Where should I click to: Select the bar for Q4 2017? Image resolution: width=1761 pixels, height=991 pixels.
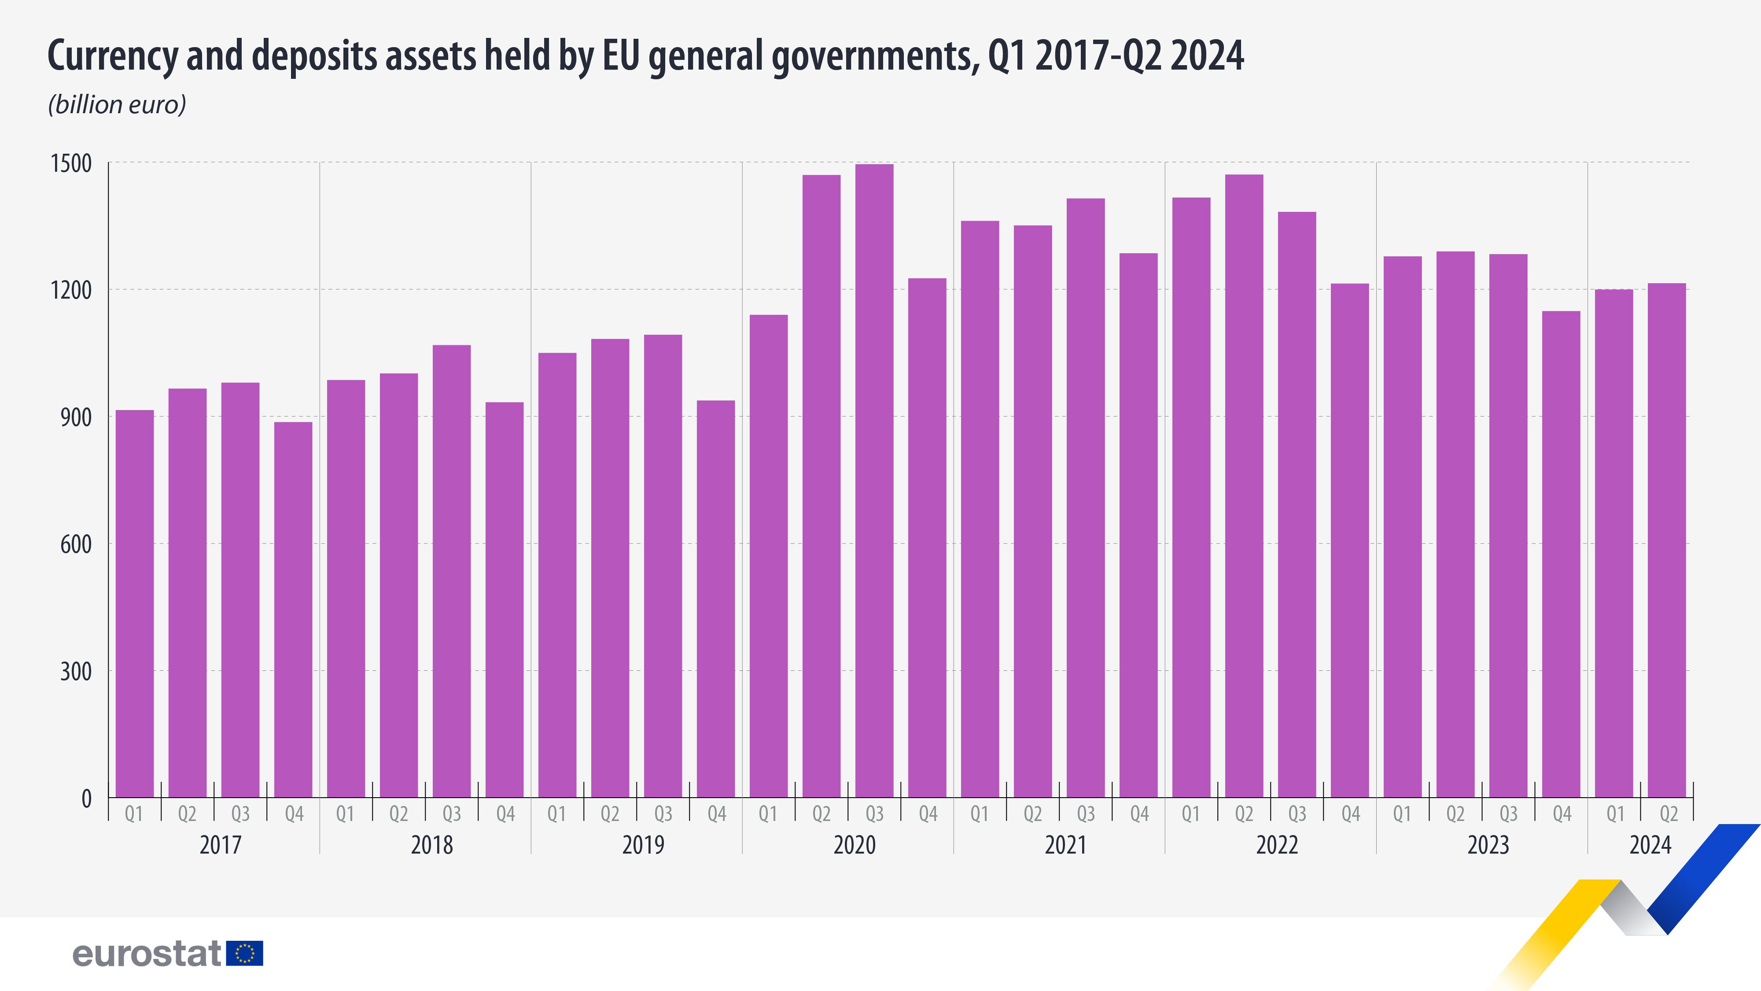coord(293,609)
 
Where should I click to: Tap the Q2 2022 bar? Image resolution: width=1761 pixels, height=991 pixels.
coord(1244,485)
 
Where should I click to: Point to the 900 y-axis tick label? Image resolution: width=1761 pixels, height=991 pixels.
coord(75,417)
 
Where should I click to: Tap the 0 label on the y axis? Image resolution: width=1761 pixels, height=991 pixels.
coord(86,798)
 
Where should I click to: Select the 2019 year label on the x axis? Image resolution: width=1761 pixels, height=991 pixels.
coord(643,845)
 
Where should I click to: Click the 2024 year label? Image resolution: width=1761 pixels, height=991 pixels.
coord(1650,845)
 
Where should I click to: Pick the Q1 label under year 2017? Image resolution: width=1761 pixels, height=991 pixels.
coord(134,814)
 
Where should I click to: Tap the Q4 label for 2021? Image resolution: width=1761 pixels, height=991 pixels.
coord(1139,814)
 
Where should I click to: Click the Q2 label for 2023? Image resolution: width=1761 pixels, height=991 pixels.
coord(1455,814)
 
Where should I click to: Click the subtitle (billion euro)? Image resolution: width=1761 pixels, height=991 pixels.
coord(117,105)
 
